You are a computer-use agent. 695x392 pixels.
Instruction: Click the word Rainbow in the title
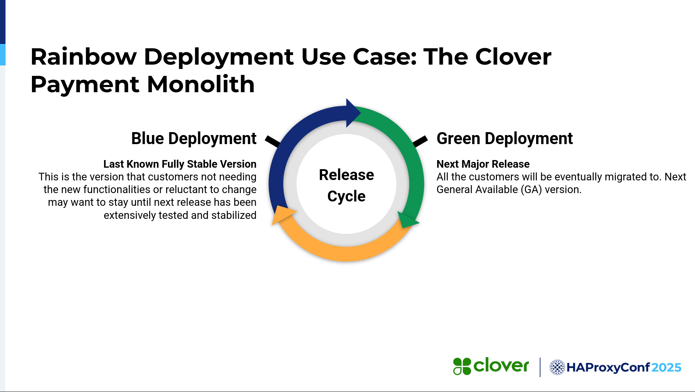coord(83,57)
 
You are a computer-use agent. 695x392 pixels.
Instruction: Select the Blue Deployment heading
coord(194,139)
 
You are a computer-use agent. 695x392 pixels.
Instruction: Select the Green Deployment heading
coord(505,139)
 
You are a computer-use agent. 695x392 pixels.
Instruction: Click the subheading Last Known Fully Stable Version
coord(180,164)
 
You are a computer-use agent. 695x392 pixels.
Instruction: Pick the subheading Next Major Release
coord(483,164)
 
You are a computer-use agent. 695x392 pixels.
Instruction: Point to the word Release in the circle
coord(346,175)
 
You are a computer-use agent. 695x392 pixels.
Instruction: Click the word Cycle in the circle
coord(346,196)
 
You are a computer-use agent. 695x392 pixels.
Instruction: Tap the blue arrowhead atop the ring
coord(352,113)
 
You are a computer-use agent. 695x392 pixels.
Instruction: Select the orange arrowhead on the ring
coord(282,215)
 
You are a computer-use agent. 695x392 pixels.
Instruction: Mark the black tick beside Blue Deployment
coord(272,141)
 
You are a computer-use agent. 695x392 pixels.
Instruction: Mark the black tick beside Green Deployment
coord(420,141)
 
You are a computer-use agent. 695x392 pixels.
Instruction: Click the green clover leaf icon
coord(462,366)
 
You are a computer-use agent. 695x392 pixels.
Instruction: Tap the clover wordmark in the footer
coord(501,366)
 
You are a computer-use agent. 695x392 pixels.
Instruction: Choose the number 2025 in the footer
coord(666,368)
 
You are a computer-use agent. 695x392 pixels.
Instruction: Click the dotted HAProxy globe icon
coord(558,367)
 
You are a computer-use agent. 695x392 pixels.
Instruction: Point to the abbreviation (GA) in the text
coord(531,189)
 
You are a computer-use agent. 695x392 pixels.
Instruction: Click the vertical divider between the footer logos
coord(540,367)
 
